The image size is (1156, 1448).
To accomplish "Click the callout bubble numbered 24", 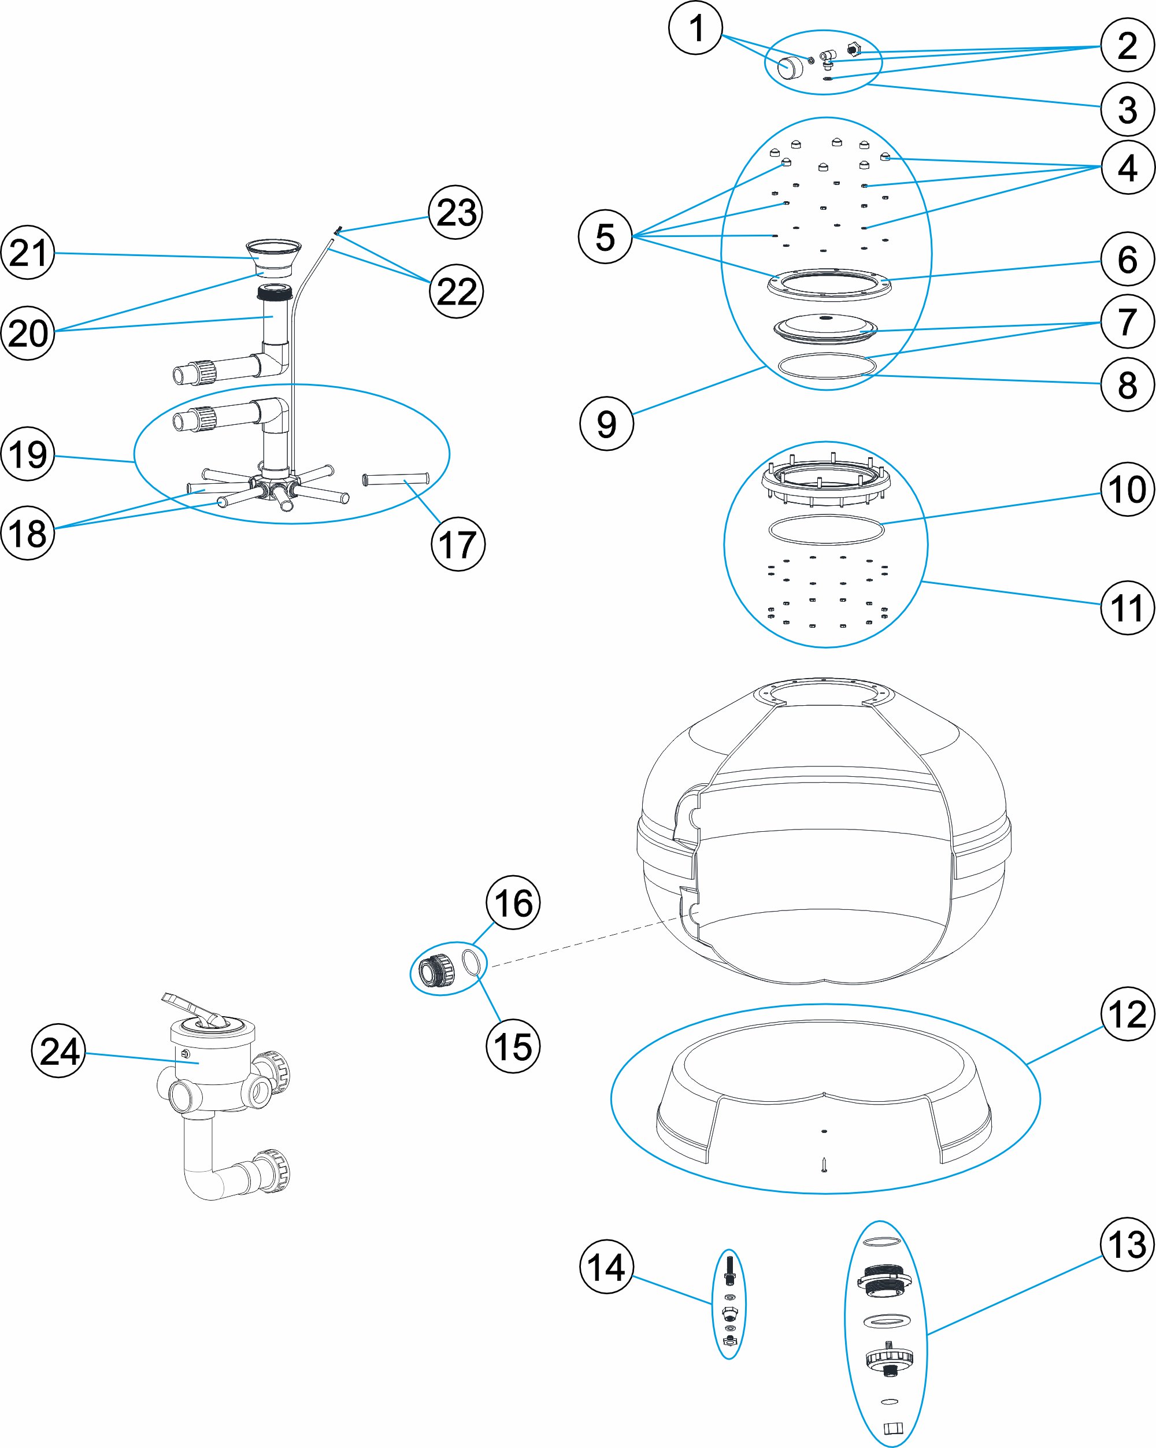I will click(x=59, y=1050).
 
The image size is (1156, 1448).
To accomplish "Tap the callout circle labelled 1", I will click(x=696, y=28).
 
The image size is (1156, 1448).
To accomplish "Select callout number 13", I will click(x=1127, y=1245).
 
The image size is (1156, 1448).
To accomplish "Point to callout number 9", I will click(x=606, y=423).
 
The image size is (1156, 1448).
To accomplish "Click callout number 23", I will click(x=456, y=212).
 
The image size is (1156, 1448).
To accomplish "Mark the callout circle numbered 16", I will click(x=513, y=903).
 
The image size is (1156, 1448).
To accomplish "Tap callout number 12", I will click(x=1127, y=1013).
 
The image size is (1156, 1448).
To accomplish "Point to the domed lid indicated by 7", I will click(x=825, y=327).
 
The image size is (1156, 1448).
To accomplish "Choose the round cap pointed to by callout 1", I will click(x=790, y=66).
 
